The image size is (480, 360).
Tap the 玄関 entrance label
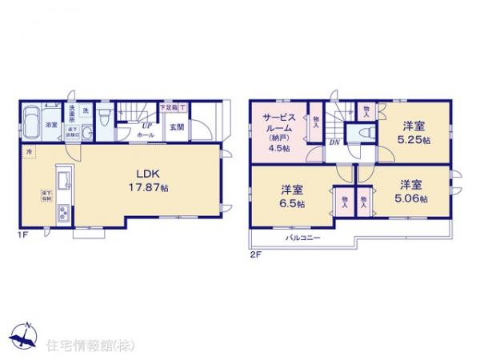[x=176, y=126]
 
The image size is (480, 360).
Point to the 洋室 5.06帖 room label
[x=410, y=192]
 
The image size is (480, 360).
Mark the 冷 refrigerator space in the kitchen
[x=29, y=152]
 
